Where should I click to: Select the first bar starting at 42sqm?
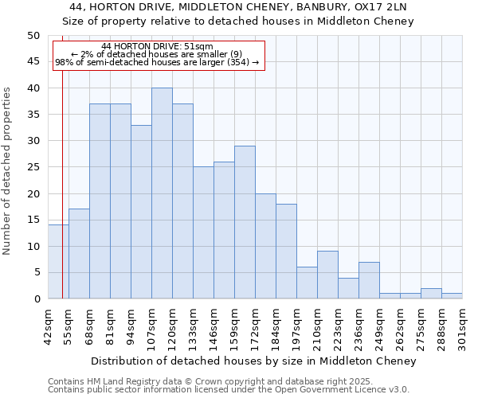[x=58, y=262]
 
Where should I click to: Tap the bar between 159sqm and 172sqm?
[x=245, y=222]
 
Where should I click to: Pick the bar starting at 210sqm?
[x=327, y=275]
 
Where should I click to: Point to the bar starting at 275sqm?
[x=431, y=294]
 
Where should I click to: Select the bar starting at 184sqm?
[x=286, y=252]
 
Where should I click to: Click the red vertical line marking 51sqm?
[x=62, y=199]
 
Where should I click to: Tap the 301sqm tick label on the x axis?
[x=462, y=327]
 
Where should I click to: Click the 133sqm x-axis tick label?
[x=193, y=327]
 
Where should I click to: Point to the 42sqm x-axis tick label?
[x=48, y=327]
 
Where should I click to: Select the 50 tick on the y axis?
[x=33, y=36]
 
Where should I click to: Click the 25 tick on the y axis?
[x=33, y=167]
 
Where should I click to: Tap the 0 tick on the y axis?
[x=36, y=299]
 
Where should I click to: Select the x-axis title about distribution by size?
[x=254, y=361]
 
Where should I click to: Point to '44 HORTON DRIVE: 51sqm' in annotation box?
[x=158, y=47]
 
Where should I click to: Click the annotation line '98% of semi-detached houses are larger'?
[x=157, y=62]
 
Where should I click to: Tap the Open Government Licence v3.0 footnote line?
[x=229, y=389]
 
